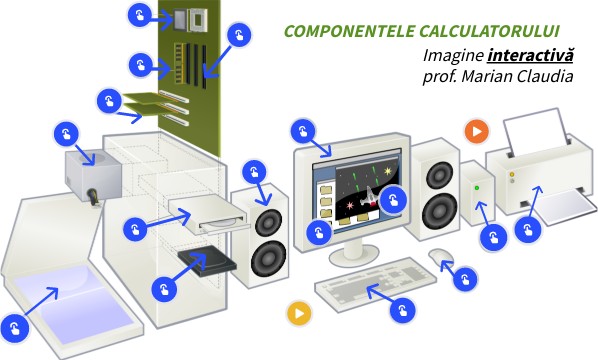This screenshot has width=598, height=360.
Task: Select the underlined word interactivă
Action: coord(530,54)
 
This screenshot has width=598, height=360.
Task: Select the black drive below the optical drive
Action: coord(206,263)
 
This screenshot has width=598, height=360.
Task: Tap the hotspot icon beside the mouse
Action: coord(464,279)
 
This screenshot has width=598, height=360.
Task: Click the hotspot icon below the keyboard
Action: coord(402,311)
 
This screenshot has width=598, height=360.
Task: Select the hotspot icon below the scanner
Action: coord(15,327)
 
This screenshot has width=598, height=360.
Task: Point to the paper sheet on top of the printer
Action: coord(536,131)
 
